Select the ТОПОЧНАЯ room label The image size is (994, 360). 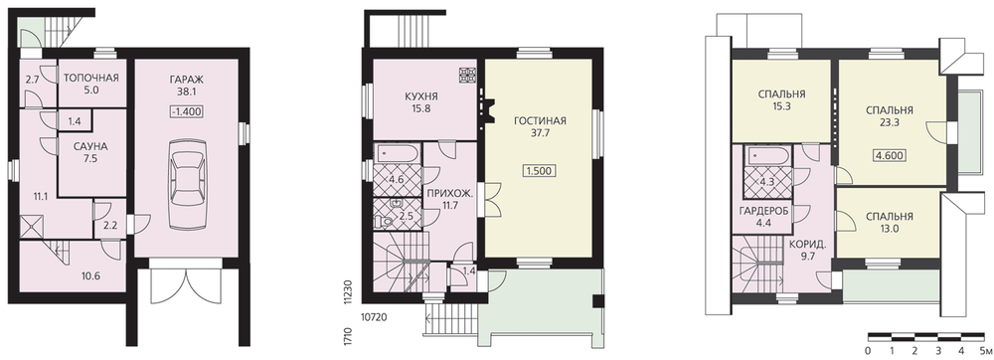[x=91, y=79]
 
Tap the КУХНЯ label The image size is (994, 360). [x=421, y=97]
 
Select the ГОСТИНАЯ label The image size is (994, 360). [x=540, y=120]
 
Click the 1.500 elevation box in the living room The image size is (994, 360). [x=540, y=170]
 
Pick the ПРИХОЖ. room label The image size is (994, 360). [x=450, y=193]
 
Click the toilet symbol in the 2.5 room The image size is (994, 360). [x=382, y=221]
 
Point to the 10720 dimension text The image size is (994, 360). [x=375, y=314]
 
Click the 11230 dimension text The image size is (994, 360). [x=347, y=292]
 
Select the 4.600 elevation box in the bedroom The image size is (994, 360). [x=888, y=156]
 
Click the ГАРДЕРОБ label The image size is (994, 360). [x=763, y=211]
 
